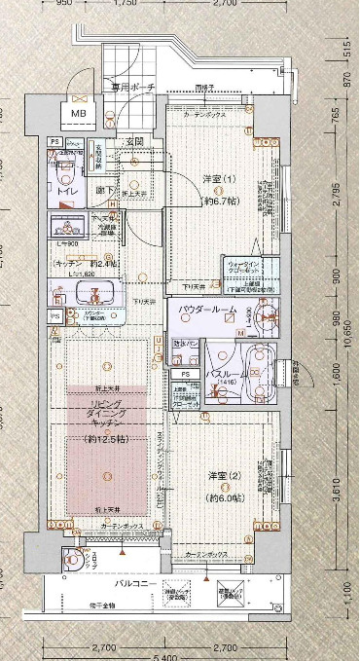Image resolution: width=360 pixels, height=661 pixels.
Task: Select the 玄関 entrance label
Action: coord(133,142)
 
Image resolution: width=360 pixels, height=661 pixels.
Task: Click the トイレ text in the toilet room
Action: coord(68,192)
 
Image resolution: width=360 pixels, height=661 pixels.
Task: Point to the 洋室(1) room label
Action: coord(217,178)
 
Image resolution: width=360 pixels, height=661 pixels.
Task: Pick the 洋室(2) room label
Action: coord(225,475)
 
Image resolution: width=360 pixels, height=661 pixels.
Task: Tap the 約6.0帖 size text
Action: coord(225,496)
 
